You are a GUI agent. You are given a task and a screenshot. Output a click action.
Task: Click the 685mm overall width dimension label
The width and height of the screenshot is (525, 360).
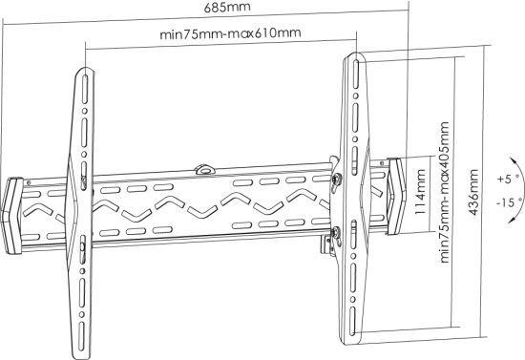point(227,7)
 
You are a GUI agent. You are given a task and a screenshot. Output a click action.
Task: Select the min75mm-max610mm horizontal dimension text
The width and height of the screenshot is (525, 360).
point(230,32)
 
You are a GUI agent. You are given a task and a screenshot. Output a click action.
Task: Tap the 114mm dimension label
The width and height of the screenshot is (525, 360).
point(420,192)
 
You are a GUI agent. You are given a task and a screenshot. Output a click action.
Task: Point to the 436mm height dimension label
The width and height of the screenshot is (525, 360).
point(473,192)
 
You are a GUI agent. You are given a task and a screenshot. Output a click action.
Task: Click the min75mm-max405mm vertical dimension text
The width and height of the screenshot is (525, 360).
point(444,192)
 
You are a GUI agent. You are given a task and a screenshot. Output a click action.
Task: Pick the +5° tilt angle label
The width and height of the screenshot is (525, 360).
point(508,179)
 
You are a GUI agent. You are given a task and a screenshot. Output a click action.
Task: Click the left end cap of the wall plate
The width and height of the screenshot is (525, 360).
point(12,216)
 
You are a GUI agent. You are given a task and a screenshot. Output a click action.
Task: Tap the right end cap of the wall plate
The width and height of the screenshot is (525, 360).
point(397,197)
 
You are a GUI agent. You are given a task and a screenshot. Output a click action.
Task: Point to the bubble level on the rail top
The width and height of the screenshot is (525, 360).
point(205,169)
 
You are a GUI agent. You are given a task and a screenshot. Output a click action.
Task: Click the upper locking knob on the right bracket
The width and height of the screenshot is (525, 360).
point(336,179)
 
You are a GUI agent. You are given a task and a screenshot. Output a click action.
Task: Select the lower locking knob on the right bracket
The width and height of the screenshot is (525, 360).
point(335,232)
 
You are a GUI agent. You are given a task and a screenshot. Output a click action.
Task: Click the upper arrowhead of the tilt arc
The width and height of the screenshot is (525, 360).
point(512,159)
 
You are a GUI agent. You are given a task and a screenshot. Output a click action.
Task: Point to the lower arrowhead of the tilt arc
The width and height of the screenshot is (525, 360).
point(512,220)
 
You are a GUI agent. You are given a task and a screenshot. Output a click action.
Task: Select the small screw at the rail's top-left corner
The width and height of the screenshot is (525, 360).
point(29,182)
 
